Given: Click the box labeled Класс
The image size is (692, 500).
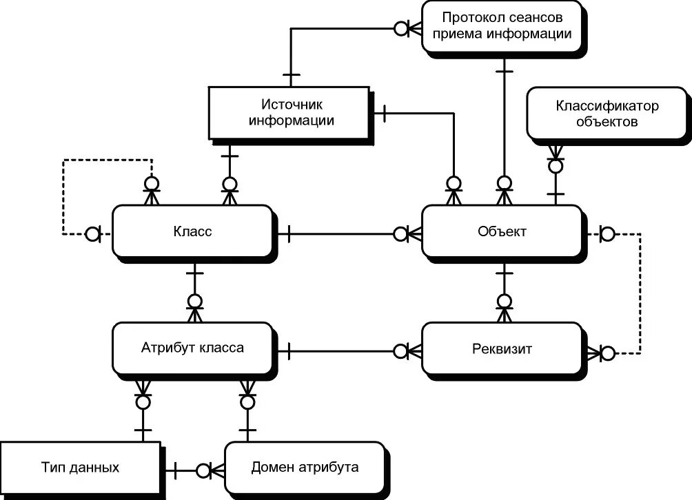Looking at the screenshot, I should [x=192, y=232].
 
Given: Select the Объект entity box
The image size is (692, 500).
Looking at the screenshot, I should [x=502, y=232].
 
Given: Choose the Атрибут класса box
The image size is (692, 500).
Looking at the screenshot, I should [x=192, y=348].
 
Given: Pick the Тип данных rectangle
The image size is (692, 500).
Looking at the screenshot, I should [x=79, y=468].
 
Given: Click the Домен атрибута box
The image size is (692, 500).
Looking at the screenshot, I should [x=304, y=468].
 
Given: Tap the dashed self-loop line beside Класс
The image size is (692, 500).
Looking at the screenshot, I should [x=63, y=196].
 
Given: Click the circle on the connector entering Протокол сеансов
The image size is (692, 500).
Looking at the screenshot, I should [x=400, y=28].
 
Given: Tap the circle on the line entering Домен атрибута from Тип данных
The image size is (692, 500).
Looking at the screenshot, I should [x=203, y=470].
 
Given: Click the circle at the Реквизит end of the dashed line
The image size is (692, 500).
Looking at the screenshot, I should [x=607, y=353].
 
